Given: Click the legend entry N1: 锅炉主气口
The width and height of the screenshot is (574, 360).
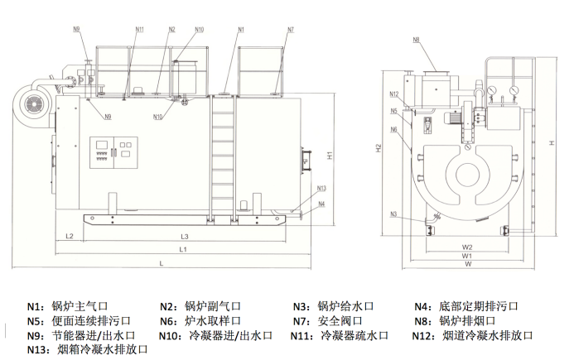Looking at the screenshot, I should (80, 305).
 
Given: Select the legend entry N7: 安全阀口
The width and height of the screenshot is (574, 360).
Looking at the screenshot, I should (337, 320).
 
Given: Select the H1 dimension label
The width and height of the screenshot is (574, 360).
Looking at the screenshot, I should (329, 154).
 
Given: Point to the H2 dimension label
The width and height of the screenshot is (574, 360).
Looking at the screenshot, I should (379, 148).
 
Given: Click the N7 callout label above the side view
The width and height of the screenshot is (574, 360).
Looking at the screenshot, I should (290, 30).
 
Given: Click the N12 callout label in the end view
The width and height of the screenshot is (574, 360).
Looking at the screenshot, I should (393, 94).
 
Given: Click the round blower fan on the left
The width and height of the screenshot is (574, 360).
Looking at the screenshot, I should (37, 103).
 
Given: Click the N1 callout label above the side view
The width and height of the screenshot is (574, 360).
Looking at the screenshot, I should (241, 30).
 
